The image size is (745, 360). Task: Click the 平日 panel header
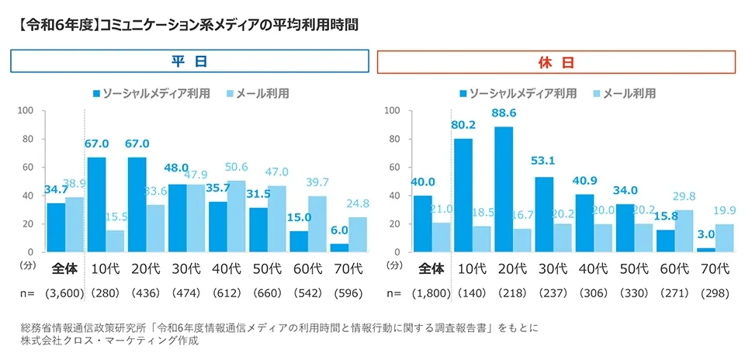pyautogui.click(x=189, y=61)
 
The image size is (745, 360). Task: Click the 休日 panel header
pyautogui.click(x=556, y=61)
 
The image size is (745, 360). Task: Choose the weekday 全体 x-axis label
pyautogui.click(x=65, y=269)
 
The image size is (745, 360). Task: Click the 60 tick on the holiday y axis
pyautogui.click(x=393, y=168)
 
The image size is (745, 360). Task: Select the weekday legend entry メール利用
pyautogui.click(x=256, y=93)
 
